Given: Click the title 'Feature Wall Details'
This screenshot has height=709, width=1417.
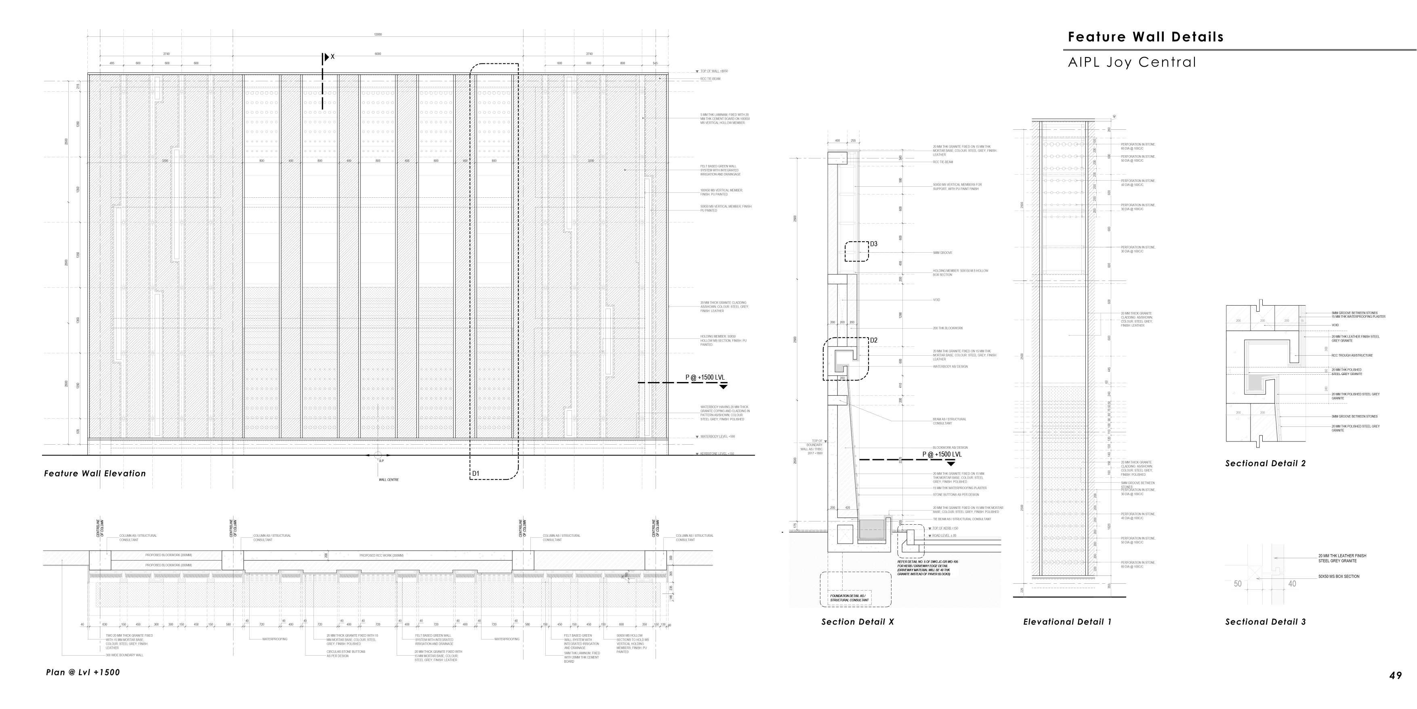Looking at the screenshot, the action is point(1145,37).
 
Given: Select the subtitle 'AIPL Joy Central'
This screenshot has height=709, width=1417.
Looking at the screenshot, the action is point(1131,62).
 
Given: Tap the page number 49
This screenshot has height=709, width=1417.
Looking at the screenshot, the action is point(1395,675).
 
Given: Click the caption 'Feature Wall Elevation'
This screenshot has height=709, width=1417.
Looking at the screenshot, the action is point(95,473).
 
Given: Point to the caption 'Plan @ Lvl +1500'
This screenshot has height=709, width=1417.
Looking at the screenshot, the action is point(82,672).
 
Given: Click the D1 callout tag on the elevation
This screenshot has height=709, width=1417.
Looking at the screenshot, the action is point(476,473).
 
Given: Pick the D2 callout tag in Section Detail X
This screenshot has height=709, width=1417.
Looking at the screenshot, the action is point(874,340).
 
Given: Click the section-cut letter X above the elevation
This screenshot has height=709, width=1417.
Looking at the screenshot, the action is point(332,57).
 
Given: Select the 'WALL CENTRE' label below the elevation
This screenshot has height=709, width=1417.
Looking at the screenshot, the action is point(388,479).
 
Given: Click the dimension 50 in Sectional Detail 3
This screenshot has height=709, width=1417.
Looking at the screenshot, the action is point(1237,584).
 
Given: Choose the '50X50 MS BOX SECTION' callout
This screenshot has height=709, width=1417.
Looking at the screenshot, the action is point(1338,576).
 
